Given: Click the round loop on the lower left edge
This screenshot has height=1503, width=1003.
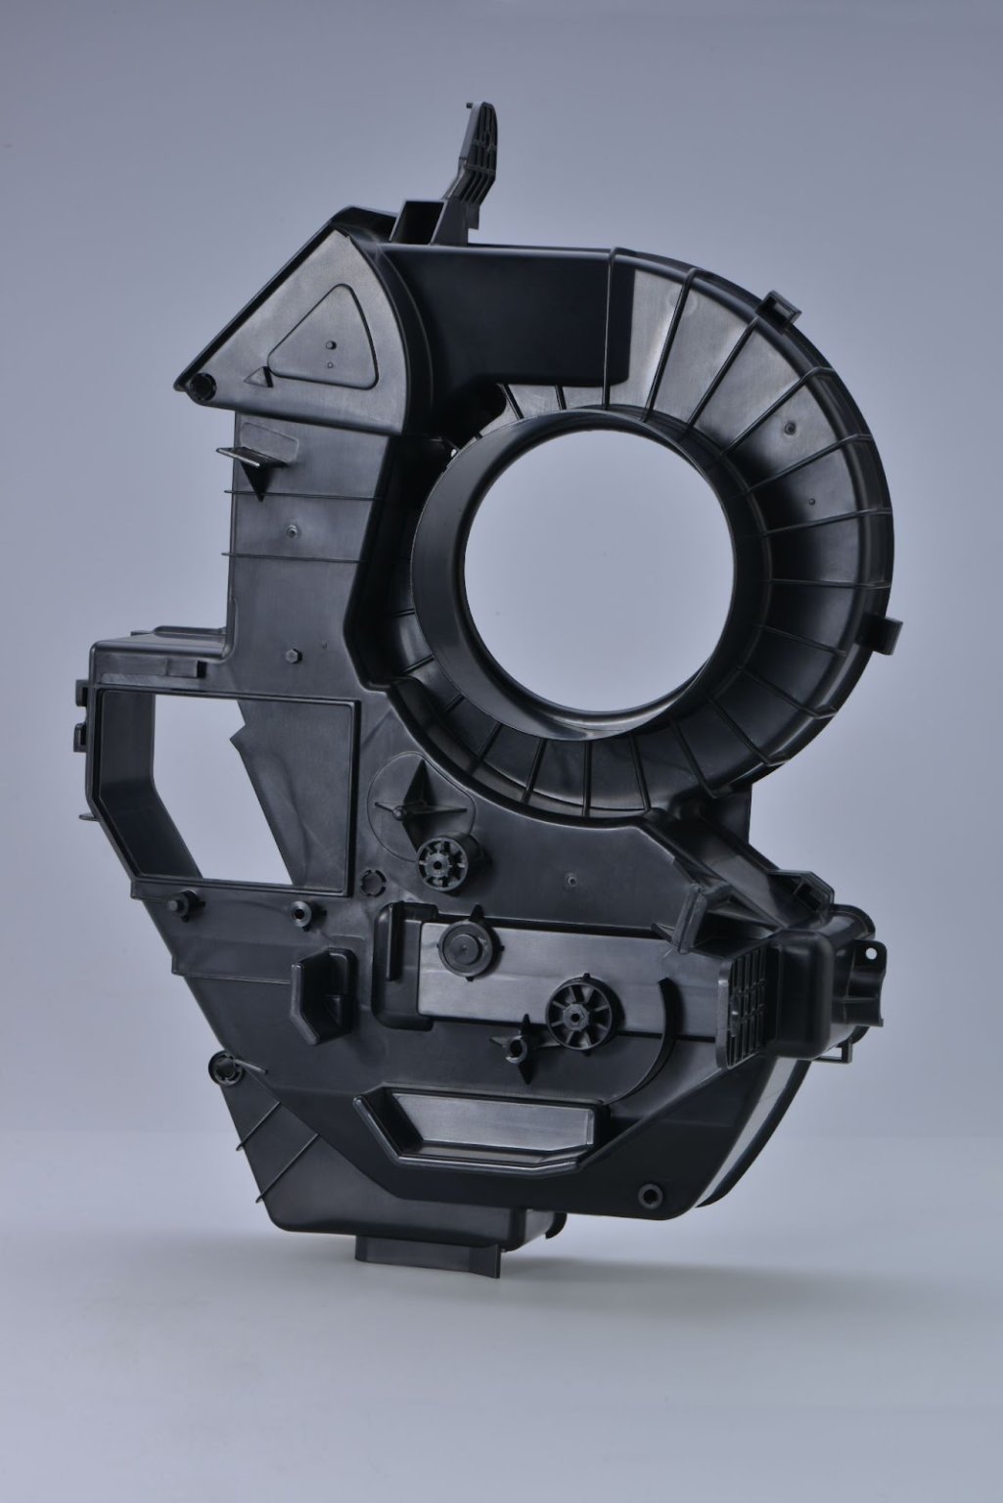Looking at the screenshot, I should pyautogui.click(x=227, y=1068).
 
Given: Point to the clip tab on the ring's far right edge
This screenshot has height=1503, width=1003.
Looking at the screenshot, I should pyautogui.click(x=889, y=630).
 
